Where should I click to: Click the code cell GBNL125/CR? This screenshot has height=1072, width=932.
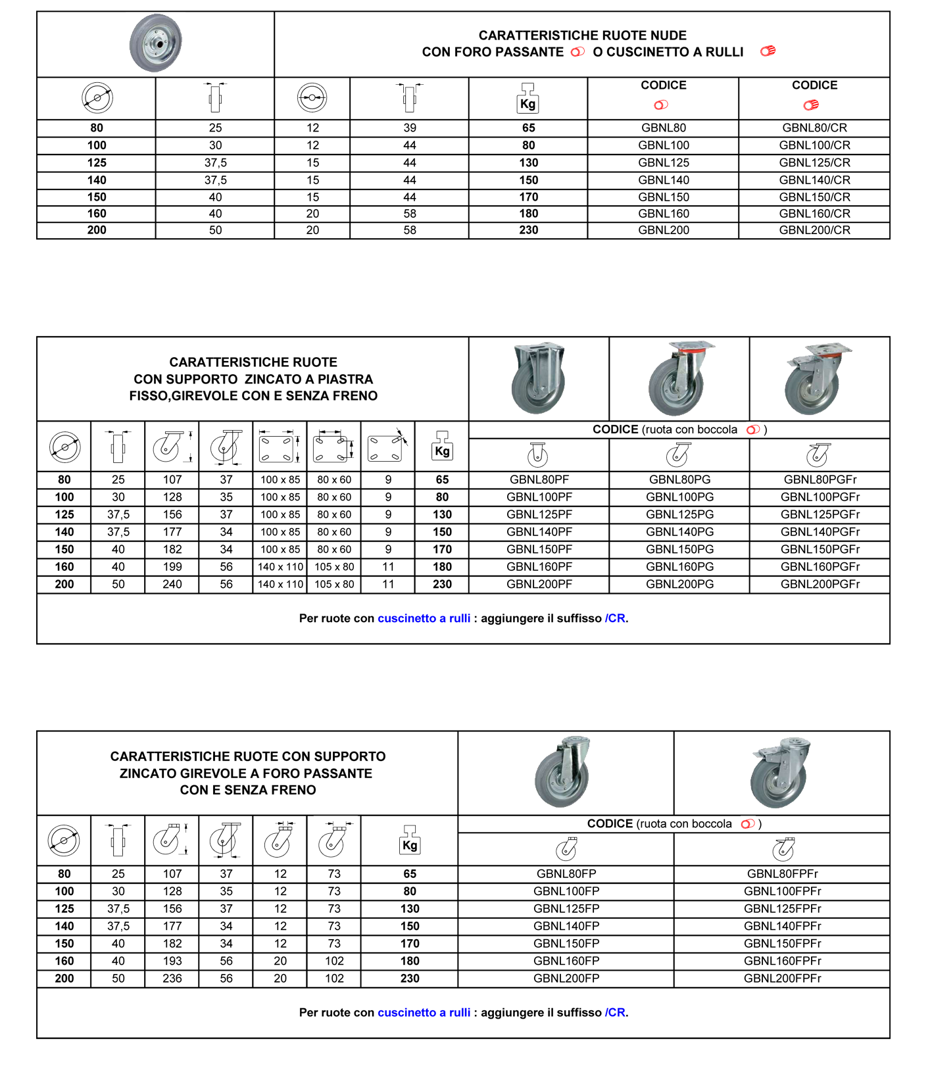coord(814,162)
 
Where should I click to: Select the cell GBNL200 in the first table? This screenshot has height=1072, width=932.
coord(663,230)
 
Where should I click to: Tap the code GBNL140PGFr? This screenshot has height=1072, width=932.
coord(820,532)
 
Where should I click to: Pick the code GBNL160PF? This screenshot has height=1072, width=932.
coord(539,567)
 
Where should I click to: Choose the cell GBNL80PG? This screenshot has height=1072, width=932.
coord(679,480)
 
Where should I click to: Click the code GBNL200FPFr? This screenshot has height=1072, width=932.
coord(782,979)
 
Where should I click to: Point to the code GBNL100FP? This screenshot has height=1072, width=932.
coord(566,892)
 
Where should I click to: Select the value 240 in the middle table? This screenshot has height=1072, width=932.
coord(172,584)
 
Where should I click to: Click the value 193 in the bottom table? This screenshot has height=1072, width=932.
coord(172,961)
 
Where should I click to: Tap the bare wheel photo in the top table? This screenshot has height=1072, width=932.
coord(155,43)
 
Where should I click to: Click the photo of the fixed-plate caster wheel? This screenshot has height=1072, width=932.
coord(538,378)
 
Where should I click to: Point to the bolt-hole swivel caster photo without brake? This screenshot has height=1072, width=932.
coord(564,771)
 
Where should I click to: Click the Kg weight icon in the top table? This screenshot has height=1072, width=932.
coord(527,98)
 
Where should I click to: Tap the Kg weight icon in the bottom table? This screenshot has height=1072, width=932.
coord(409,841)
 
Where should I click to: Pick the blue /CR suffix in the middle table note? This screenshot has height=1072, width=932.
coord(615,618)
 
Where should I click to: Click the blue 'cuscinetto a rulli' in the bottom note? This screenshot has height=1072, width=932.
coord(424,1013)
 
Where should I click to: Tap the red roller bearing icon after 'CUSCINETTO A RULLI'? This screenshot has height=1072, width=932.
coord(768,51)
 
